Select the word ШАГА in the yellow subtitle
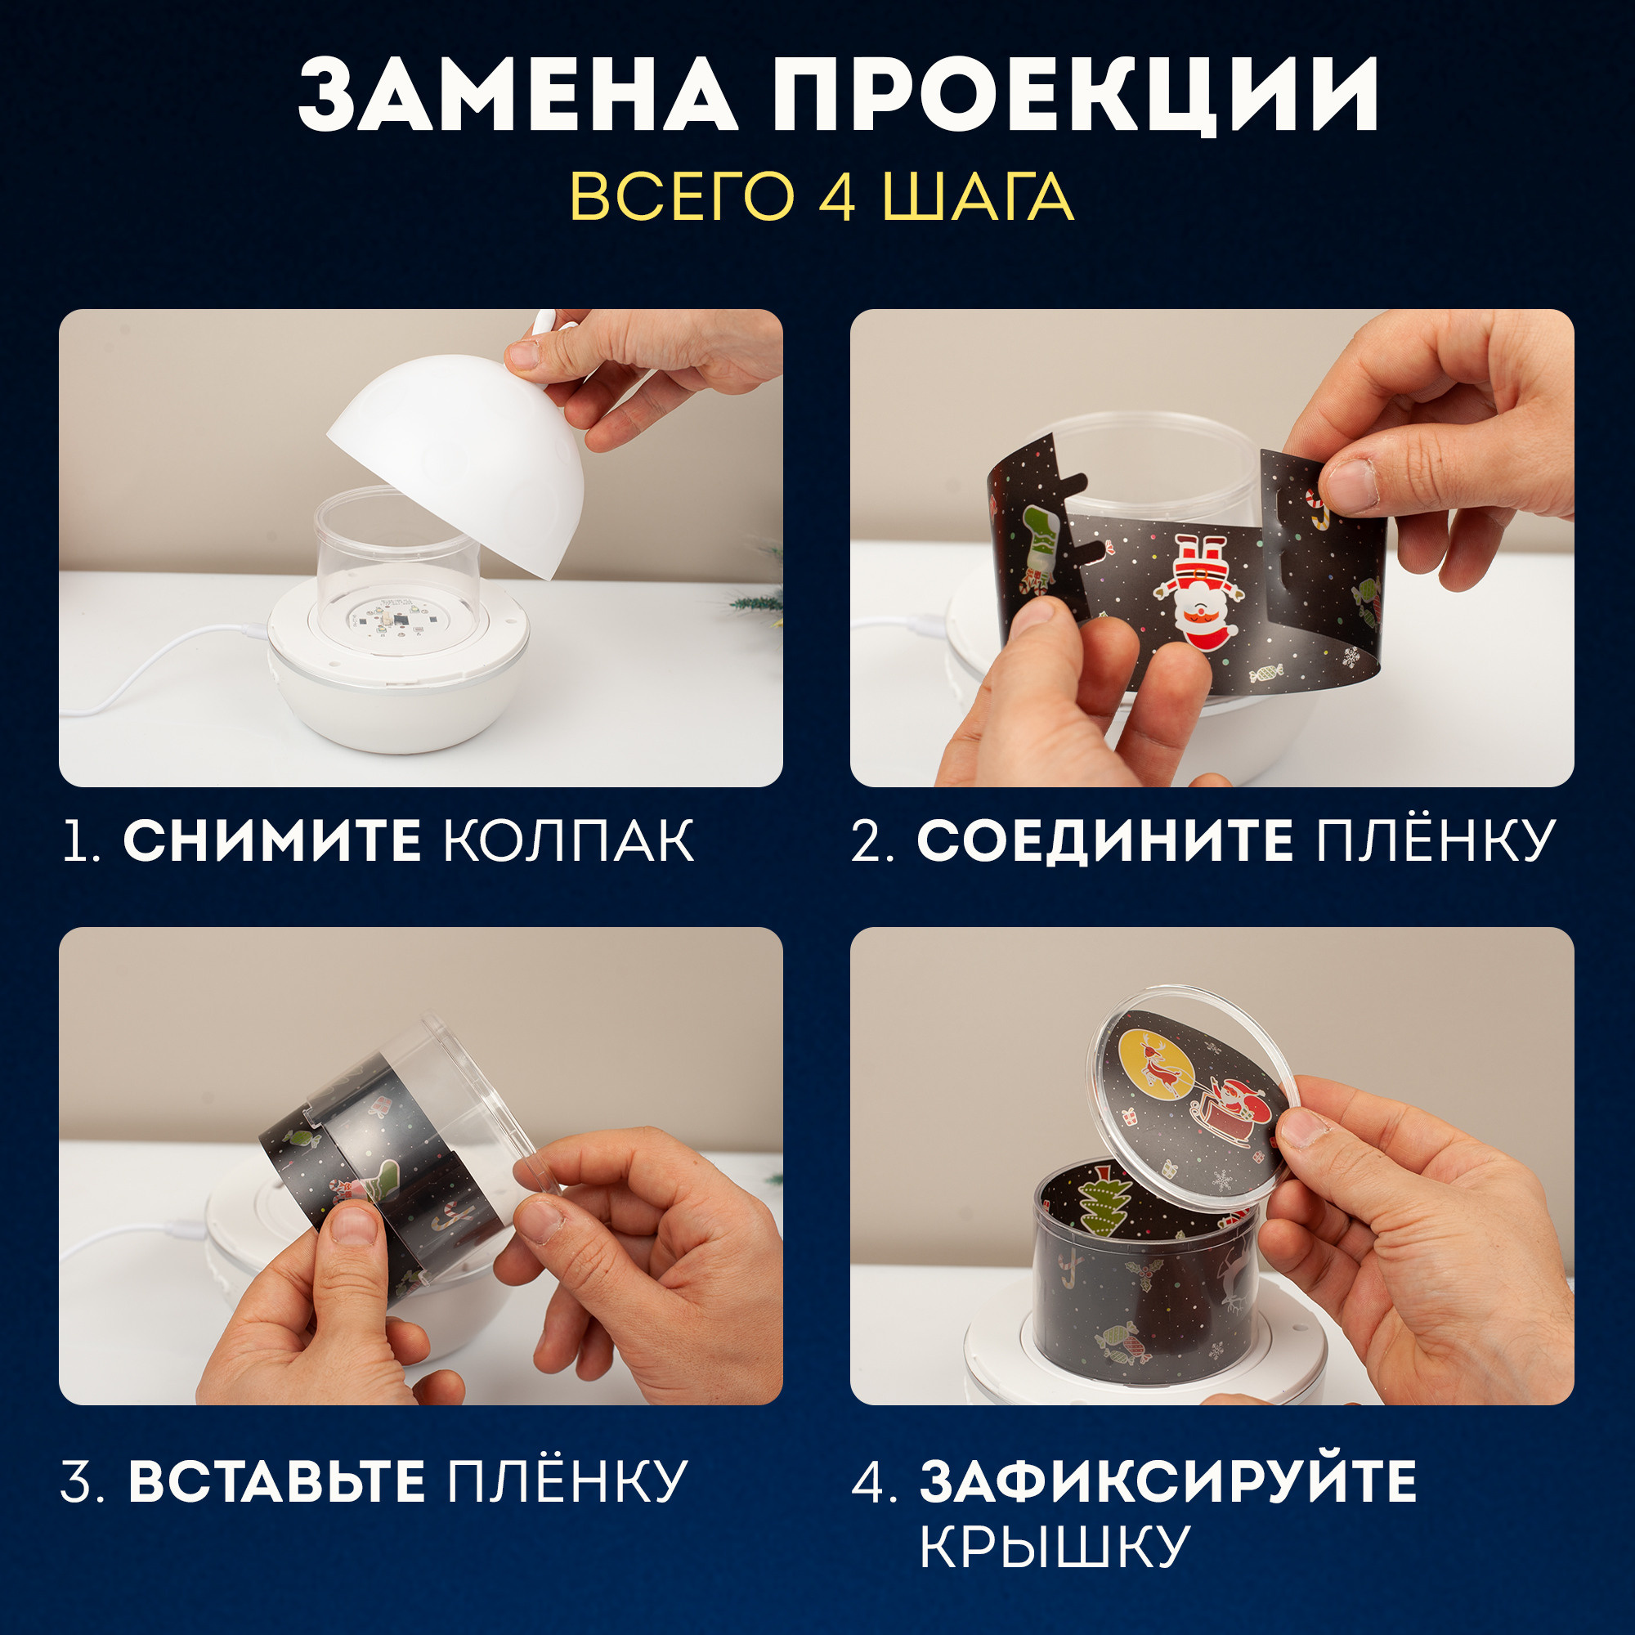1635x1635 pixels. tap(979, 197)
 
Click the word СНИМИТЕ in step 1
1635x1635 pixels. tap(271, 841)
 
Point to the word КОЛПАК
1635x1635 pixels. tap(569, 841)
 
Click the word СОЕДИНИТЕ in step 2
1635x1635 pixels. tap(1104, 841)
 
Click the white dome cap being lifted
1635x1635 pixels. tap(457, 457)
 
